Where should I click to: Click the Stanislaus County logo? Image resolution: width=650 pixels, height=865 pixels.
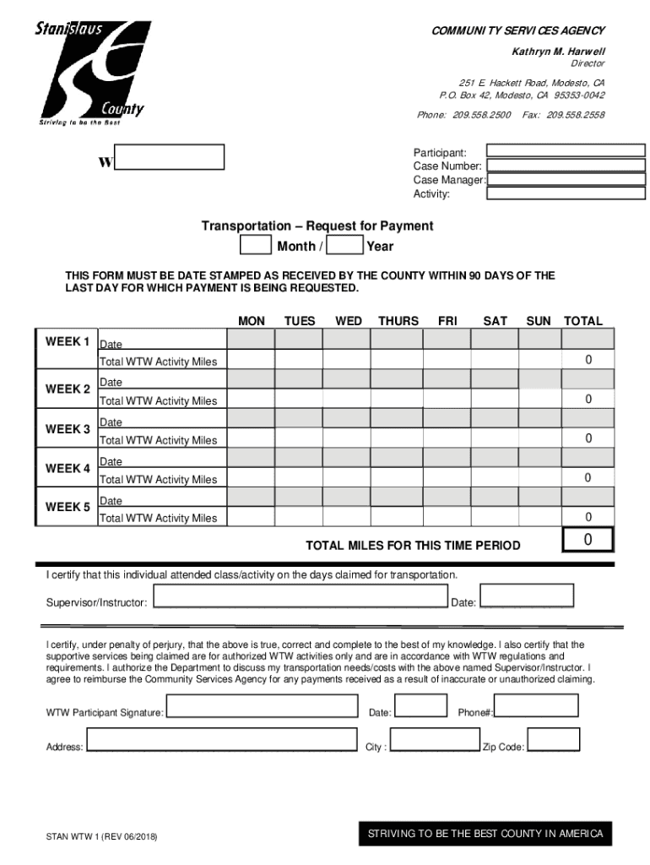[91, 73]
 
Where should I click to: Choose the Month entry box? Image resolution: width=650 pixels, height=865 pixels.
[256, 246]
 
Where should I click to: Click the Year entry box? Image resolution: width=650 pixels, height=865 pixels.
[344, 246]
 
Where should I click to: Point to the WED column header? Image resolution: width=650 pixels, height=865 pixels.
[349, 321]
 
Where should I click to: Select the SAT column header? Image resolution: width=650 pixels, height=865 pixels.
[495, 321]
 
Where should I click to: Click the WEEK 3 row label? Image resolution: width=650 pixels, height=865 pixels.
[68, 429]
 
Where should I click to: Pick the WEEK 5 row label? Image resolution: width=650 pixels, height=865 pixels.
[68, 507]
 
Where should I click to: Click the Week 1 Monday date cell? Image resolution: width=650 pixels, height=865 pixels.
[252, 340]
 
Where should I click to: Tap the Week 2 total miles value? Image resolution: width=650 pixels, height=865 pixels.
[588, 399]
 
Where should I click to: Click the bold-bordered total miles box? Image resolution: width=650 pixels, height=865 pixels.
[588, 540]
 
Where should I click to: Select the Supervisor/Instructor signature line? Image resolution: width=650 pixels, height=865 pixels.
[300, 601]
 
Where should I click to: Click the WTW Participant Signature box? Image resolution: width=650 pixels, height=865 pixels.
[262, 707]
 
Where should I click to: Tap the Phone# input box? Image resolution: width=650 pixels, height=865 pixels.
[536, 706]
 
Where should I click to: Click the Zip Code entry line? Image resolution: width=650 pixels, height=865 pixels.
[553, 746]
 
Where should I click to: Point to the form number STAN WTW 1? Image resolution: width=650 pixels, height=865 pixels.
[101, 837]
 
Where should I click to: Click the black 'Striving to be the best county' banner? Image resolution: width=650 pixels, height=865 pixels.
[485, 834]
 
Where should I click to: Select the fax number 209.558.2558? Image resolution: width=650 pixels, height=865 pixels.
[575, 115]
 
